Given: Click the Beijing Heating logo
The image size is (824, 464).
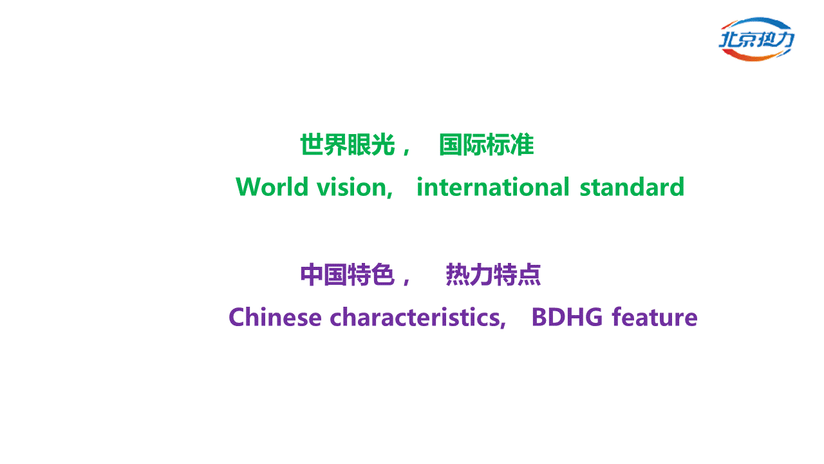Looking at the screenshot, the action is (x=756, y=39).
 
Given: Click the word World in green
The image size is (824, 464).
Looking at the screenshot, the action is (x=272, y=187).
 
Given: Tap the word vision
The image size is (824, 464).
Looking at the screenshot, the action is (x=351, y=187).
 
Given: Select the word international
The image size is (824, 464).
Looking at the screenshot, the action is (x=493, y=187).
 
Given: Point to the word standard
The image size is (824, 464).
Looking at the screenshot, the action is (x=632, y=187).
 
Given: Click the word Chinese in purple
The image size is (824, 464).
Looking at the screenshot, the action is (x=275, y=317).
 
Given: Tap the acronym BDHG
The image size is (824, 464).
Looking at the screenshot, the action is (x=567, y=317).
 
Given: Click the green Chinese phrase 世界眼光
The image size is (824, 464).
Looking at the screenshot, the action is (x=348, y=145).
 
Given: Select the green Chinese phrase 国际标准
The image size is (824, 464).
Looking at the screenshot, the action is (x=486, y=145).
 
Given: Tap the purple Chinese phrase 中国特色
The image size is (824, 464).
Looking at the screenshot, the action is (x=348, y=275).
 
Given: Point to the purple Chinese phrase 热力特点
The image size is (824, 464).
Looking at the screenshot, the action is (x=493, y=275).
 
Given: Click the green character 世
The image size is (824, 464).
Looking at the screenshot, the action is (x=312, y=145).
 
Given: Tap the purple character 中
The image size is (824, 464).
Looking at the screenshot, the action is (x=312, y=275).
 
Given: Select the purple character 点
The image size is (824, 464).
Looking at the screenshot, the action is (x=529, y=275).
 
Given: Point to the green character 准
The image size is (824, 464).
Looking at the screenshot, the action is (x=522, y=145).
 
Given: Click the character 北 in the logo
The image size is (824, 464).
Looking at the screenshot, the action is (x=728, y=39).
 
